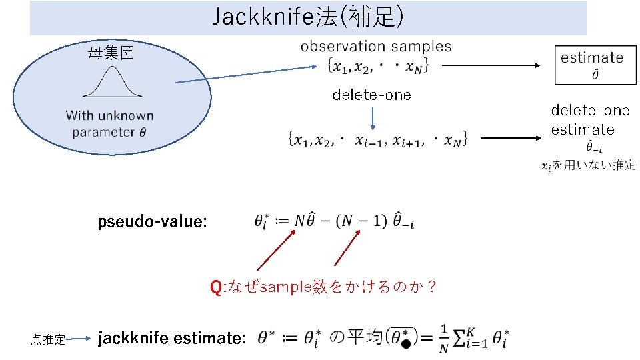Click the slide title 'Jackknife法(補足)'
307,18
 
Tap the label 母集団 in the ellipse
111,53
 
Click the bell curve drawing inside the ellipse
111,85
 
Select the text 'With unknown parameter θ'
110,124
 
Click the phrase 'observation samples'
376,47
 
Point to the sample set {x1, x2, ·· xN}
377,66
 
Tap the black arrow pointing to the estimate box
493,65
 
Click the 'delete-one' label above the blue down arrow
372,95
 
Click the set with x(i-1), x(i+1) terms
377,139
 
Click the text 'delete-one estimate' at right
590,120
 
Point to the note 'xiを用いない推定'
587,165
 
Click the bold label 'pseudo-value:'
153,221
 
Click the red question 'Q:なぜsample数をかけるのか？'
323,287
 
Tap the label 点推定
47,340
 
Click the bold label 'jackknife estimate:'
172,339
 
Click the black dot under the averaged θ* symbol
405,345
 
